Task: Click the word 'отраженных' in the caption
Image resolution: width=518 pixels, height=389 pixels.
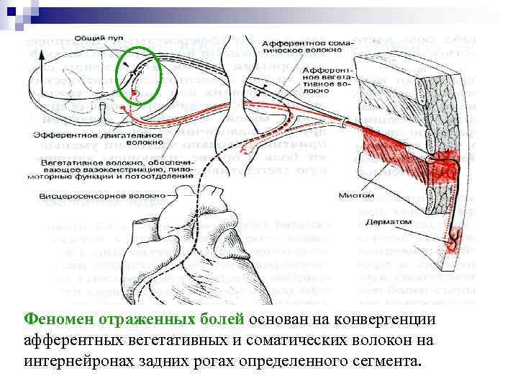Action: click(x=142, y=319)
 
